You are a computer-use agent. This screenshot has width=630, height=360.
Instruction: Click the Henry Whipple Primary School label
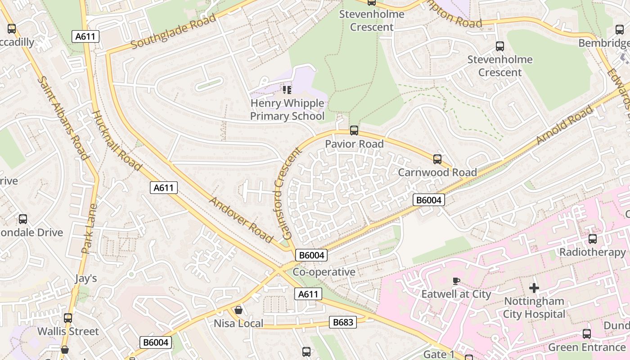click(x=287, y=110)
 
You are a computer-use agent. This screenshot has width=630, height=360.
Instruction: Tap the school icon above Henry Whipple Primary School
click(x=287, y=90)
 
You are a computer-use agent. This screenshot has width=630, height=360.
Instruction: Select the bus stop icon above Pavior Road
click(x=354, y=130)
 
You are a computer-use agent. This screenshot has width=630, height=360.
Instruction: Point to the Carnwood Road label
click(x=437, y=172)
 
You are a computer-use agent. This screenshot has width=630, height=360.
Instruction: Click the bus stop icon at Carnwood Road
click(x=437, y=159)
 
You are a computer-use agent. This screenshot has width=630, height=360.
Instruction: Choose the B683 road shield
click(x=343, y=322)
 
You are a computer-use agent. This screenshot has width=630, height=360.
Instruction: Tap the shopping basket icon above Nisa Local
click(x=238, y=310)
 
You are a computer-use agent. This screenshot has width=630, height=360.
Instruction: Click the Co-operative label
click(x=324, y=272)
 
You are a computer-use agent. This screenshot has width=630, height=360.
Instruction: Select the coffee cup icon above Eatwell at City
click(x=456, y=281)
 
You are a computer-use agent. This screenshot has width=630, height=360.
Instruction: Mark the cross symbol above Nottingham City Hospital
click(x=534, y=288)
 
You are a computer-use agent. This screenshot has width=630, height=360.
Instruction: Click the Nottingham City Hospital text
click(x=534, y=307)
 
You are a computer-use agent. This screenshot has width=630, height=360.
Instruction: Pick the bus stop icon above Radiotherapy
click(x=592, y=239)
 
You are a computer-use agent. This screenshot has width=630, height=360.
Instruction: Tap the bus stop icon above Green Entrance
click(x=586, y=334)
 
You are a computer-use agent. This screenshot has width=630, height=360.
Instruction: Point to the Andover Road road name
click(x=241, y=220)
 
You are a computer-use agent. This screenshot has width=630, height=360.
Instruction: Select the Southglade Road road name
click(x=174, y=31)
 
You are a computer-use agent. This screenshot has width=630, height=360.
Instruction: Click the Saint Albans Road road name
click(x=63, y=118)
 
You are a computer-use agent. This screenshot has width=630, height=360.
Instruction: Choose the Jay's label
click(x=86, y=279)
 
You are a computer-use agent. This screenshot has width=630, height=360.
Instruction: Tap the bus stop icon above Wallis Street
click(x=68, y=318)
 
